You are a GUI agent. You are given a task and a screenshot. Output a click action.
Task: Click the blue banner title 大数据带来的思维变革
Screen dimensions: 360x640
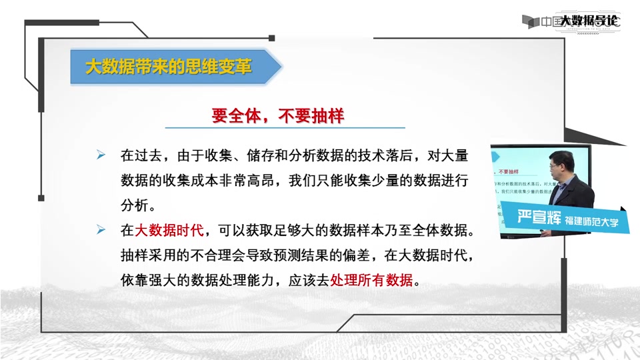point(169,67)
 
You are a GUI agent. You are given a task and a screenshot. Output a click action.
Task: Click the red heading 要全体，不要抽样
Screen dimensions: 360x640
point(277,116)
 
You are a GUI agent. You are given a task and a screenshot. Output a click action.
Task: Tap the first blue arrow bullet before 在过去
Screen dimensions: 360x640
point(101,155)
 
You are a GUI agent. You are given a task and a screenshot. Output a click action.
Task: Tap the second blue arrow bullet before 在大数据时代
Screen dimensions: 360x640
point(101,230)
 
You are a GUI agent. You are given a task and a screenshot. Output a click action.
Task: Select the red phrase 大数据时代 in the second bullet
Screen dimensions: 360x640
point(171,231)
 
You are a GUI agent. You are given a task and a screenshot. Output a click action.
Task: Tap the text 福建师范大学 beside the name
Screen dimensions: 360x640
point(591,221)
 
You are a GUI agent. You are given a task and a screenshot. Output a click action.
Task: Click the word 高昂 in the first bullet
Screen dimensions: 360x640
point(252,181)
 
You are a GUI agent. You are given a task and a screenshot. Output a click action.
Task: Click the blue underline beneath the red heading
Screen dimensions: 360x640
point(285,127)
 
